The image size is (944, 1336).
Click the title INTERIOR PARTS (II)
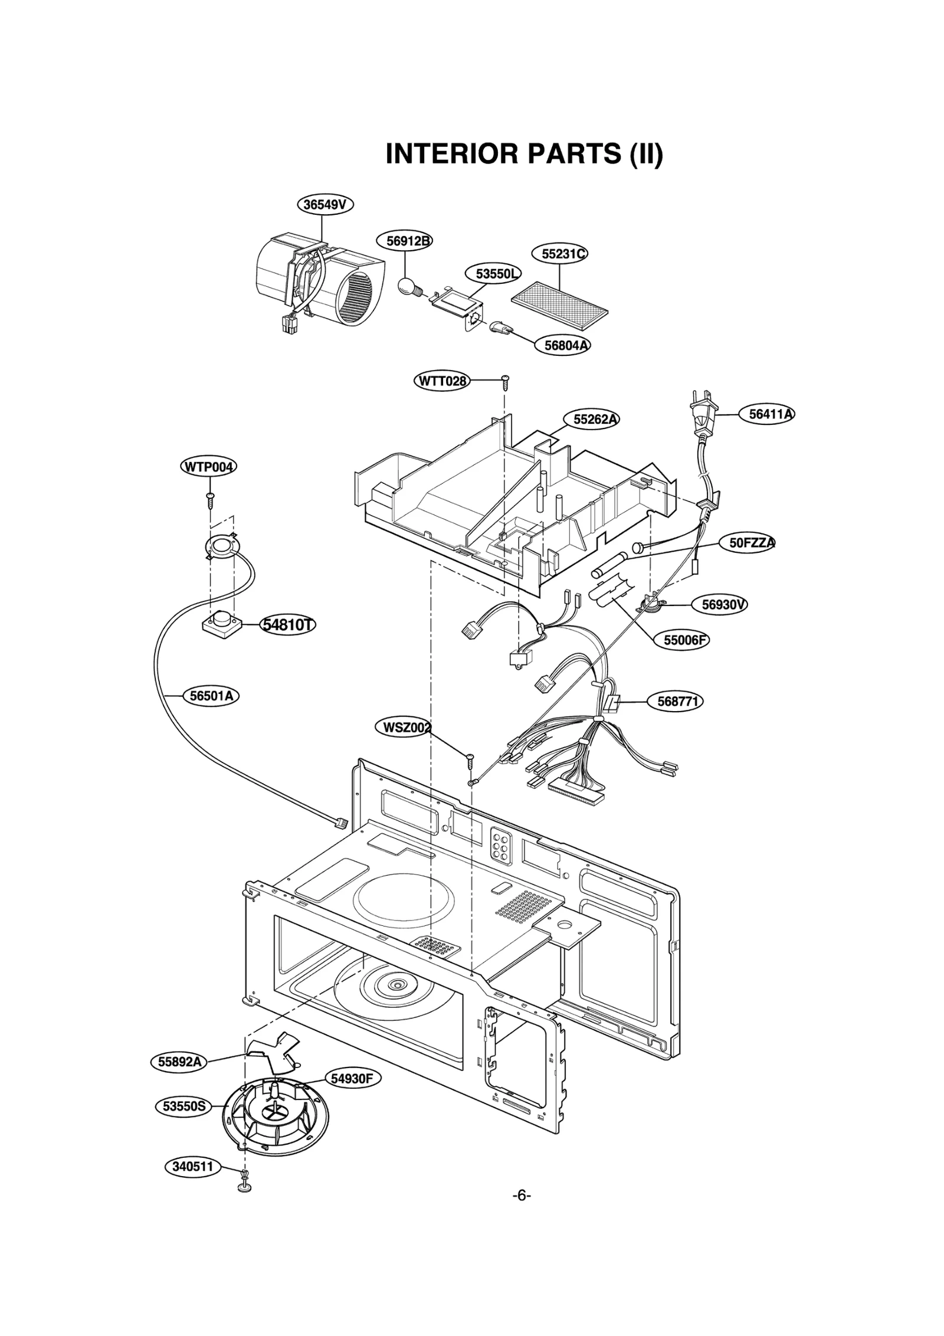tap(524, 154)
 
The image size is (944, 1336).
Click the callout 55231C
tap(564, 254)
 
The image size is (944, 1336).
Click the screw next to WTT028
tap(505, 382)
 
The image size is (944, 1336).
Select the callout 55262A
tap(596, 420)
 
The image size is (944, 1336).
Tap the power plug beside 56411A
tap(704, 414)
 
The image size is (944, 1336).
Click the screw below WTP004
tap(210, 499)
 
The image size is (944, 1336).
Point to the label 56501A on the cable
tap(211, 696)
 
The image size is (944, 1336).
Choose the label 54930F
tap(352, 1079)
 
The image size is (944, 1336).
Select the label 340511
tap(192, 1167)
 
